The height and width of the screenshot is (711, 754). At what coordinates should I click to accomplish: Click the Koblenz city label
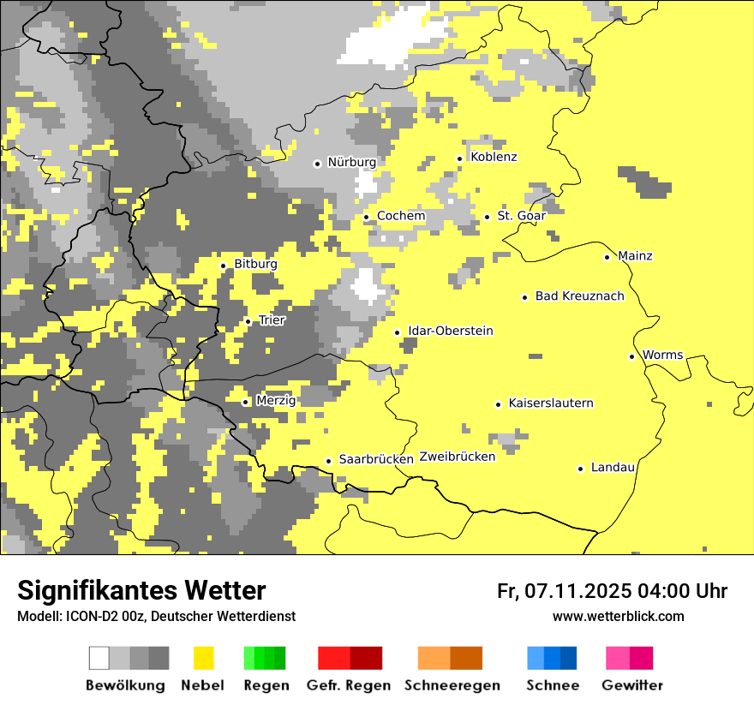[494, 158]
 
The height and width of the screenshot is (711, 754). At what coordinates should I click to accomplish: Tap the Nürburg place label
[351, 162]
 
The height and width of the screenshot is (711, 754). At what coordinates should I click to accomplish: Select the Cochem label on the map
[401, 216]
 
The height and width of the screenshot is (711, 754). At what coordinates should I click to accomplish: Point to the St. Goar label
[521, 216]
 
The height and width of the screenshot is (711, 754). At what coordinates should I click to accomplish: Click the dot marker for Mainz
[607, 257]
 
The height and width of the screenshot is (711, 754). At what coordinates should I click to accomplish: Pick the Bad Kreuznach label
[579, 296]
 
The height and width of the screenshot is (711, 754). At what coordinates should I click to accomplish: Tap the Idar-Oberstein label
[451, 332]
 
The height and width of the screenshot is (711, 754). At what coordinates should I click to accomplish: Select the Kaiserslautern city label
[551, 403]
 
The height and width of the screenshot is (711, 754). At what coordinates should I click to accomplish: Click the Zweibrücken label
[458, 457]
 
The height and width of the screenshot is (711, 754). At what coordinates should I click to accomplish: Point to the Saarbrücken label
[376, 459]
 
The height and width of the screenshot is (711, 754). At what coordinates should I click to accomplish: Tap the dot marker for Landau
[581, 469]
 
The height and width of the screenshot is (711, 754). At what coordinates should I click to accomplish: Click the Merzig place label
[276, 401]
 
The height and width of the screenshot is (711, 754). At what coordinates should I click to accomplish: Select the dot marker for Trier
[248, 322]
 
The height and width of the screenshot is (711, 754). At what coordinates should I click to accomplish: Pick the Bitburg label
[255, 265]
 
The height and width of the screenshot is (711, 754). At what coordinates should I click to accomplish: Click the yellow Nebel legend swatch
[203, 658]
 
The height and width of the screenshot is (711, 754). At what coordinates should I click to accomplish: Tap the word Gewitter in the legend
[632, 685]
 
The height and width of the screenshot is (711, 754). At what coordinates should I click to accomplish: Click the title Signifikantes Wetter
[141, 590]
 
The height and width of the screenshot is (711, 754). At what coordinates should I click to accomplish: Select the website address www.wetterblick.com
[619, 616]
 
